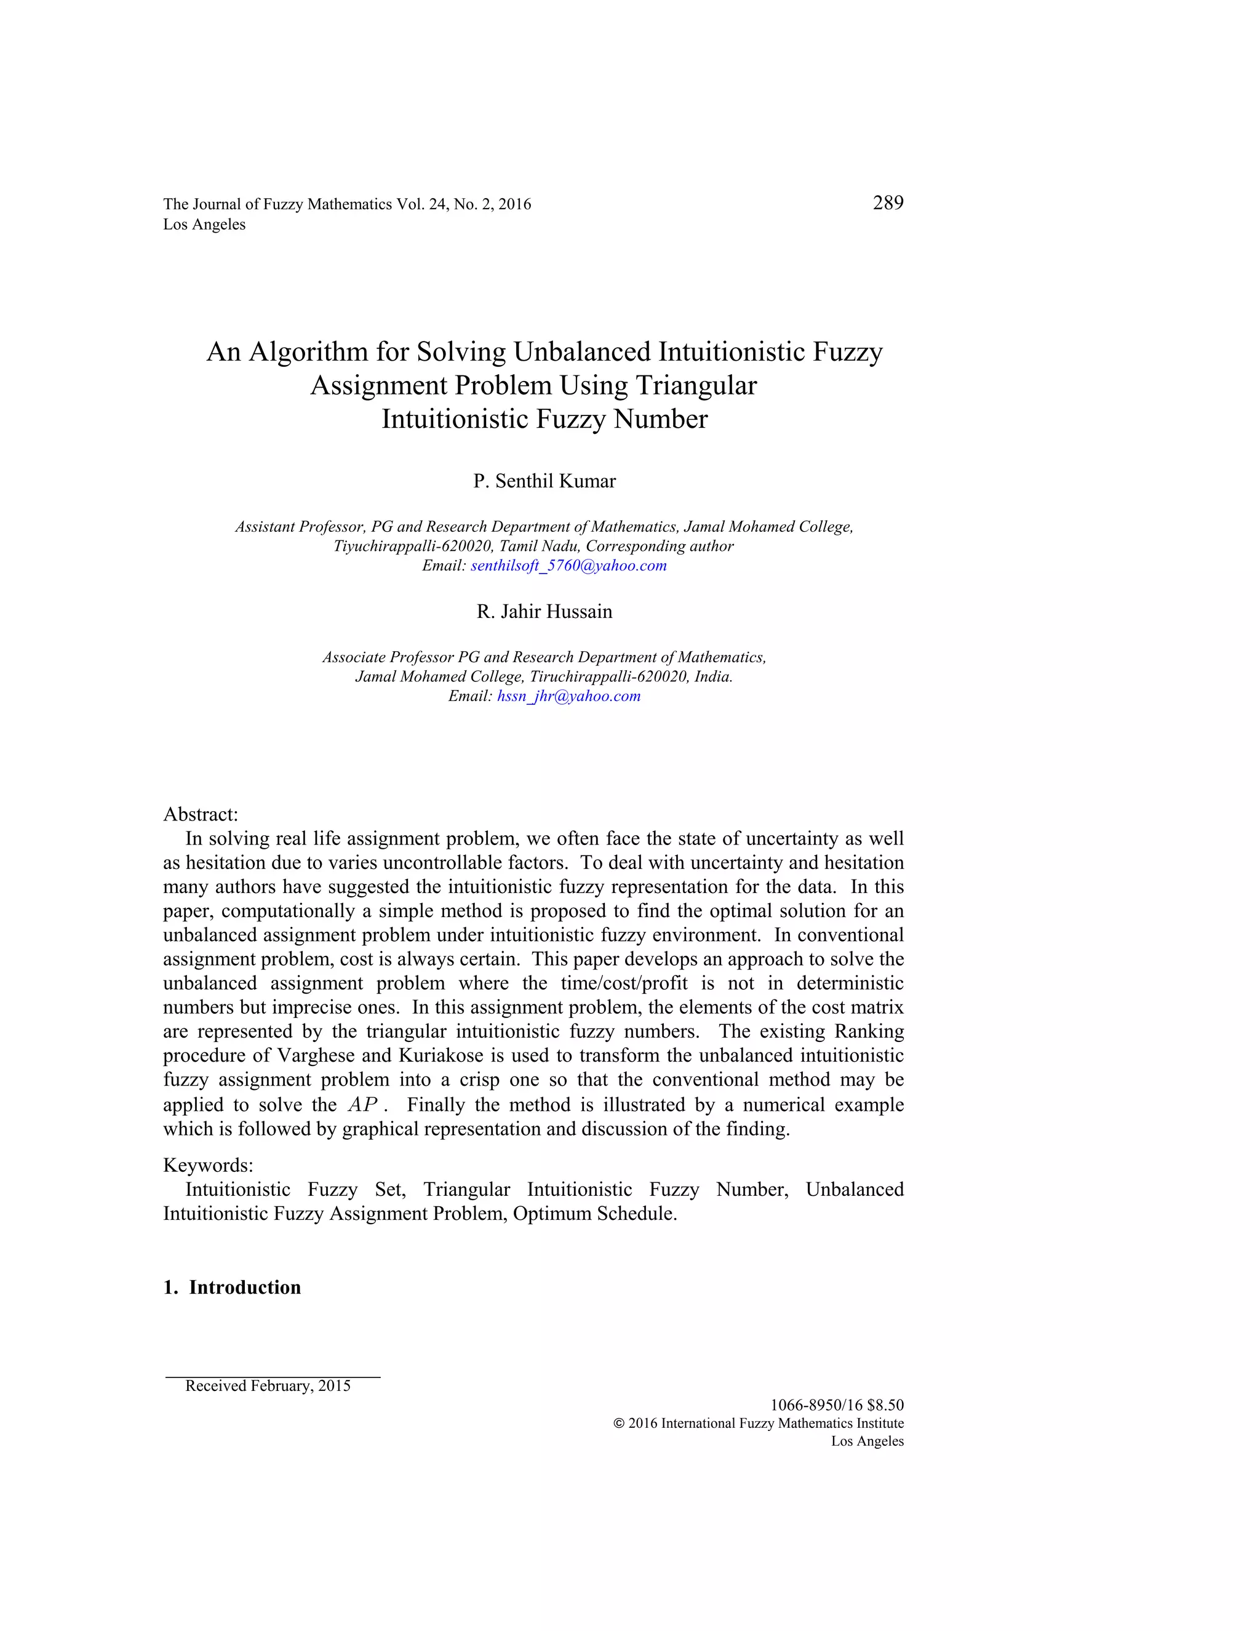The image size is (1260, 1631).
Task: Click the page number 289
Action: (888, 203)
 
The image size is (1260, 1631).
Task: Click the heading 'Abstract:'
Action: (200, 814)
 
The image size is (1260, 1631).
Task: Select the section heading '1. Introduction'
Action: (232, 1287)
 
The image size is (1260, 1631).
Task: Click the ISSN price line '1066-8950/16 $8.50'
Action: (836, 1405)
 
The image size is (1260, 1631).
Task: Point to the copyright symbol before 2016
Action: (618, 1424)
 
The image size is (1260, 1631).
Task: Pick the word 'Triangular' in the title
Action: (696, 385)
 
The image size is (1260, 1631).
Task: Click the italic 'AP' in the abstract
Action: (363, 1105)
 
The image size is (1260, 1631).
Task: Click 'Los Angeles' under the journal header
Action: (204, 225)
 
